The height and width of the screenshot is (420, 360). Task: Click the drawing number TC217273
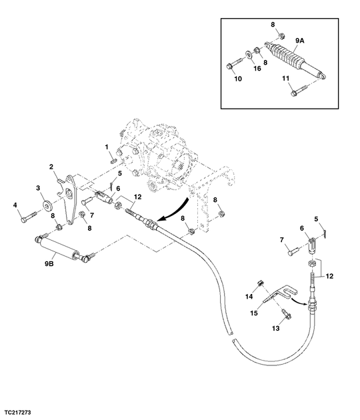(18, 412)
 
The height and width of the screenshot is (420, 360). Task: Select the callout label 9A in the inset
(300, 41)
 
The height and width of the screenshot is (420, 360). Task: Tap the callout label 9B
(49, 264)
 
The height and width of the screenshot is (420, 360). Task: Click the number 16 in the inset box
(257, 69)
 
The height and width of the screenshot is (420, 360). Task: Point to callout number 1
(107, 147)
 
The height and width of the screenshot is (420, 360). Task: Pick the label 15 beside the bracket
(254, 313)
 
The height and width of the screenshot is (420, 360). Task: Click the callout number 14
(249, 296)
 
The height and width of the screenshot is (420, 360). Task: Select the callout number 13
(275, 329)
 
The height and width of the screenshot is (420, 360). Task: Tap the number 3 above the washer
(38, 188)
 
